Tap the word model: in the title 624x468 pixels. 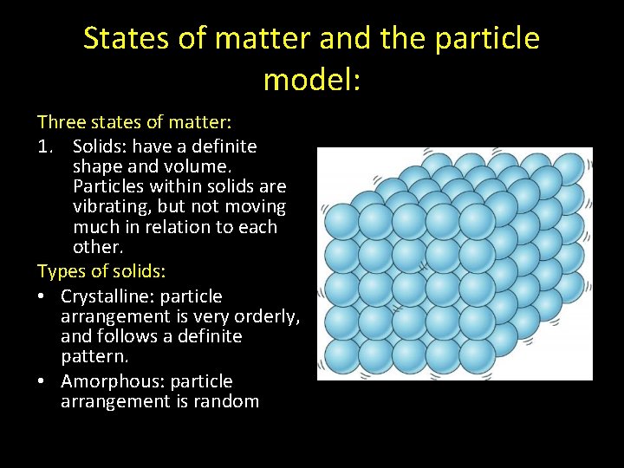(311, 80)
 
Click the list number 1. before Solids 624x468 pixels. (47, 146)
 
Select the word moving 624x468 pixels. (253, 207)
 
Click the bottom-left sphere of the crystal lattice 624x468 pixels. (340, 354)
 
